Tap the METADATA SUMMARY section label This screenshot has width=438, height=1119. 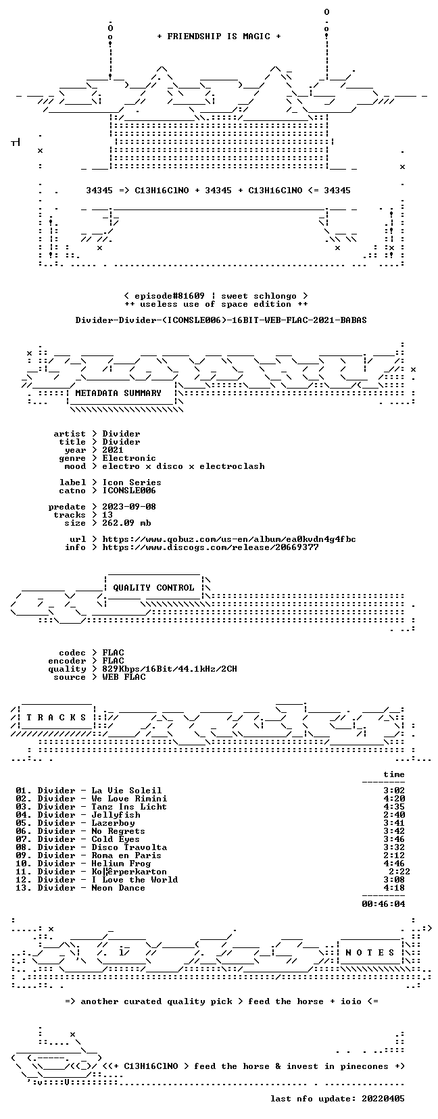click(118, 393)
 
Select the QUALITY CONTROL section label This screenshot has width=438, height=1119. click(153, 588)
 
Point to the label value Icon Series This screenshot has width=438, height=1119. click(132, 482)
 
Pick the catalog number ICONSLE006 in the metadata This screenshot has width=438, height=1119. click(129, 491)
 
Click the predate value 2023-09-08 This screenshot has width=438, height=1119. click(129, 507)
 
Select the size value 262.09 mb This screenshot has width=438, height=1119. click(126, 523)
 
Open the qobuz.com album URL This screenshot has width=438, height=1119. click(229, 539)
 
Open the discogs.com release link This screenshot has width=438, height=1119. click(210, 547)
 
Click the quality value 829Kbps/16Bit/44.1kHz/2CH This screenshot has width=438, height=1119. click(170, 669)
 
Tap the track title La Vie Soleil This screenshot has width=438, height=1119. click(126, 791)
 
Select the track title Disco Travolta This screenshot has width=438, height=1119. click(129, 847)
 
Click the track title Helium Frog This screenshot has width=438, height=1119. click(121, 863)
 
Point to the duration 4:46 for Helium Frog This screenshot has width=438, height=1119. click(394, 863)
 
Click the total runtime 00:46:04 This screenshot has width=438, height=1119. click(383, 903)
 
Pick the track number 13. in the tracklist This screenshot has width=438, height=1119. click(24, 888)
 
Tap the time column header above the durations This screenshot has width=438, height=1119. click(394, 774)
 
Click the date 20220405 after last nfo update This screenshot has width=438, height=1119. click(383, 1099)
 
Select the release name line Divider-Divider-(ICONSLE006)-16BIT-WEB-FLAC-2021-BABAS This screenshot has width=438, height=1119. click(221, 320)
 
